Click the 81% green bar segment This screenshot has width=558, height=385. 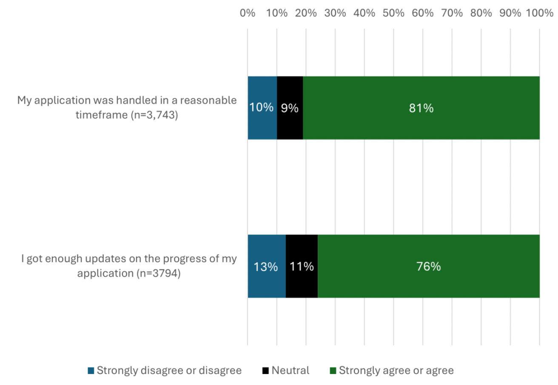click(421, 108)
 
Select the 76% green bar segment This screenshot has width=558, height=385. click(428, 266)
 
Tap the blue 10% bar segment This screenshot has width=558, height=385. click(262, 108)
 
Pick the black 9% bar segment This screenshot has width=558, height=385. click(290, 108)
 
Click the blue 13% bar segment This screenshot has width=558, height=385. click(266, 266)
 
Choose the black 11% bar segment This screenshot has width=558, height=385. click(302, 266)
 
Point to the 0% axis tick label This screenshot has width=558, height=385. click(248, 13)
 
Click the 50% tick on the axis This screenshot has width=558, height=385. click(393, 13)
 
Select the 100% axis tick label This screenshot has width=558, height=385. click(539, 13)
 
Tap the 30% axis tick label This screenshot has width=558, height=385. click(335, 13)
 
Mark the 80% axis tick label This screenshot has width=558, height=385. click(481, 13)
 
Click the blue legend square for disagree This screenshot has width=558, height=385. click(91, 371)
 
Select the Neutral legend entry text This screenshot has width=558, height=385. click(291, 371)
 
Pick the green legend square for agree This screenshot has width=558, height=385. click(333, 371)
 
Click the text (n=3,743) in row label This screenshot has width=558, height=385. click(154, 115)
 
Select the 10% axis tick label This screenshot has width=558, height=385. click(277, 13)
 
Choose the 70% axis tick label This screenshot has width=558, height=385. click(452, 13)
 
